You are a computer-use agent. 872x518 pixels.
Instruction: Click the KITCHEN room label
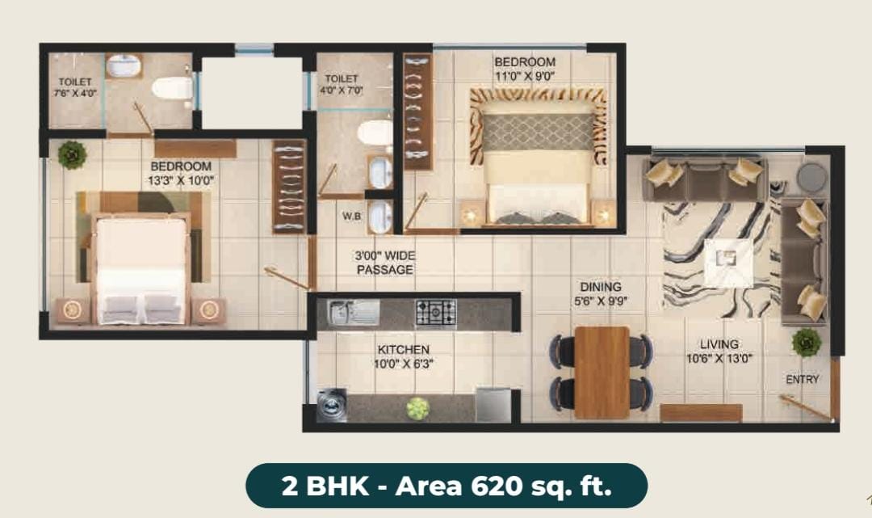point(404,350)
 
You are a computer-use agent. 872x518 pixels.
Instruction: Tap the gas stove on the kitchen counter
point(436,314)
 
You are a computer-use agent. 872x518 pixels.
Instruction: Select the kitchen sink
point(353,313)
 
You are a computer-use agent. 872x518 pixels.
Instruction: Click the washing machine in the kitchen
point(332,405)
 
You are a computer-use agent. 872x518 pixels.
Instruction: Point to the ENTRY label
point(802,380)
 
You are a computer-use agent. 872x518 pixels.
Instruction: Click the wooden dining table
point(602,372)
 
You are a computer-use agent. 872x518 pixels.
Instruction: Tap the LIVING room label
point(719,344)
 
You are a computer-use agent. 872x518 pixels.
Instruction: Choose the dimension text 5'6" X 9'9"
point(601,301)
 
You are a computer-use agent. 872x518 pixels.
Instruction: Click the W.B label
point(351,217)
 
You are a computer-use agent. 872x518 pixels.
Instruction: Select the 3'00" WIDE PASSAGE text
point(385,263)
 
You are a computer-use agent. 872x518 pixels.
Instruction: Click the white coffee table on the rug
point(728,263)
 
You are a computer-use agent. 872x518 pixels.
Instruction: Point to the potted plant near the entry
point(807,343)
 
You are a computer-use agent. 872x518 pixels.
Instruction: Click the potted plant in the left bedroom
point(73,154)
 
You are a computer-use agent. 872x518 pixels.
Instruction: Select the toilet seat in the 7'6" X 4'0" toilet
point(172,88)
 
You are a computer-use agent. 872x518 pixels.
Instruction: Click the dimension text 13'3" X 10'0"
point(181,181)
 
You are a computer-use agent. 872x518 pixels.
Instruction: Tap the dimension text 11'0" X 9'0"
point(525,76)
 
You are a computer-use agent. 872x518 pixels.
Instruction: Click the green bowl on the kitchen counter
point(417,408)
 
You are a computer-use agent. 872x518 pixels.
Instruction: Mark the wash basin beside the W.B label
point(380,217)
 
